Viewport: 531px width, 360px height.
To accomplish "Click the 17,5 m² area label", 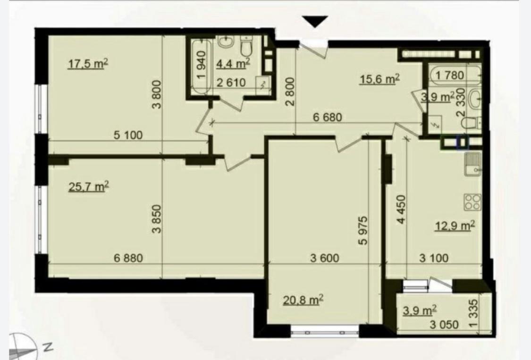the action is click(88, 63).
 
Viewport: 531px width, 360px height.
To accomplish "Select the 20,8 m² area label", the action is click(303, 300).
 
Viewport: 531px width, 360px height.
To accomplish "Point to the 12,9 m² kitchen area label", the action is click(455, 225).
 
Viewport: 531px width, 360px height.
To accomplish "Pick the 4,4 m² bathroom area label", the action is click(233, 63).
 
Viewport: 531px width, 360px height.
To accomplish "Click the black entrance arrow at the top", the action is click(315, 21).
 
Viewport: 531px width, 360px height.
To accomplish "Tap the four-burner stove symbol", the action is click(472, 202).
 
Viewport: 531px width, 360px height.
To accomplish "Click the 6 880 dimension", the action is click(128, 258).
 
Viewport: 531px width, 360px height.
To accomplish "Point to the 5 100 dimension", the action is click(128, 135).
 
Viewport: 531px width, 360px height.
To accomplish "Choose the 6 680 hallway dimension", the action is click(328, 117).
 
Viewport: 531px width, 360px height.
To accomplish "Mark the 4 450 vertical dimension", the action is click(401, 209).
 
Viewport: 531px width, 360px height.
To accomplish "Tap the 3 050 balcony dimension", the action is click(444, 325).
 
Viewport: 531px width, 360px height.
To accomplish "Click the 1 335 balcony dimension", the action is click(474, 313).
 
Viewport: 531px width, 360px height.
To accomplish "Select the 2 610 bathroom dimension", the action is click(231, 82).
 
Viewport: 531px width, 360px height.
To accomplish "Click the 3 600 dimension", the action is click(324, 258).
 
